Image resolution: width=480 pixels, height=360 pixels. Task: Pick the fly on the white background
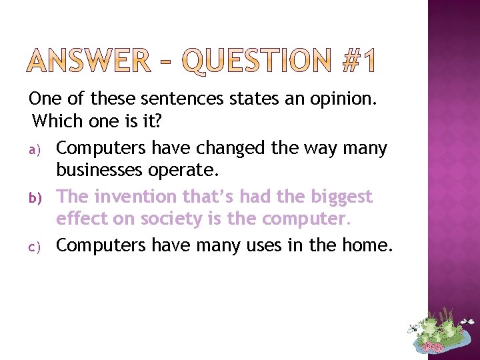click(414, 327)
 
